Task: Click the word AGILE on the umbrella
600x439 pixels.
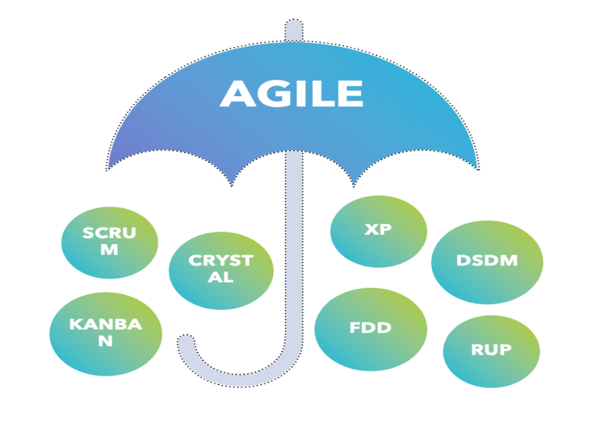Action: pyautogui.click(x=291, y=94)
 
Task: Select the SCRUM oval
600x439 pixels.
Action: pyautogui.click(x=110, y=242)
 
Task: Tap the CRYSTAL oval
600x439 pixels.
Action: pyautogui.click(x=221, y=269)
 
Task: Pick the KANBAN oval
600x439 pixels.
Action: pyautogui.click(x=106, y=333)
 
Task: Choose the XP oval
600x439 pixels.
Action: pyautogui.click(x=379, y=230)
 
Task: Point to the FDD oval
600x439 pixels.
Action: pyautogui.click(x=371, y=329)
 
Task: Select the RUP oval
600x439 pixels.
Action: pyautogui.click(x=491, y=351)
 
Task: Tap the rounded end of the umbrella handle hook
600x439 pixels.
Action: pyautogui.click(x=186, y=342)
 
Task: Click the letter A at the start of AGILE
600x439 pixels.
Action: pyautogui.click(x=237, y=95)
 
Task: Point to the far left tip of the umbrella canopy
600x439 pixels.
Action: pyautogui.click(x=110, y=166)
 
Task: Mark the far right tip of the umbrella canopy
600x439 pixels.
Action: pyautogui.click(x=476, y=167)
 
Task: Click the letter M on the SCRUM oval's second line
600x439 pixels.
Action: pyautogui.click(x=110, y=250)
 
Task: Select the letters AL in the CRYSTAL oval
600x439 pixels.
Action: pyautogui.click(x=221, y=278)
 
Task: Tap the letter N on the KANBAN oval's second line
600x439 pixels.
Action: pyautogui.click(x=106, y=342)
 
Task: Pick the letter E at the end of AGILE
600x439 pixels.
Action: pyautogui.click(x=350, y=95)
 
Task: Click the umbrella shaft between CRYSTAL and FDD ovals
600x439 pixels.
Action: pyautogui.click(x=293, y=290)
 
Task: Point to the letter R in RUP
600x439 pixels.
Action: pyautogui.click(x=477, y=351)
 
